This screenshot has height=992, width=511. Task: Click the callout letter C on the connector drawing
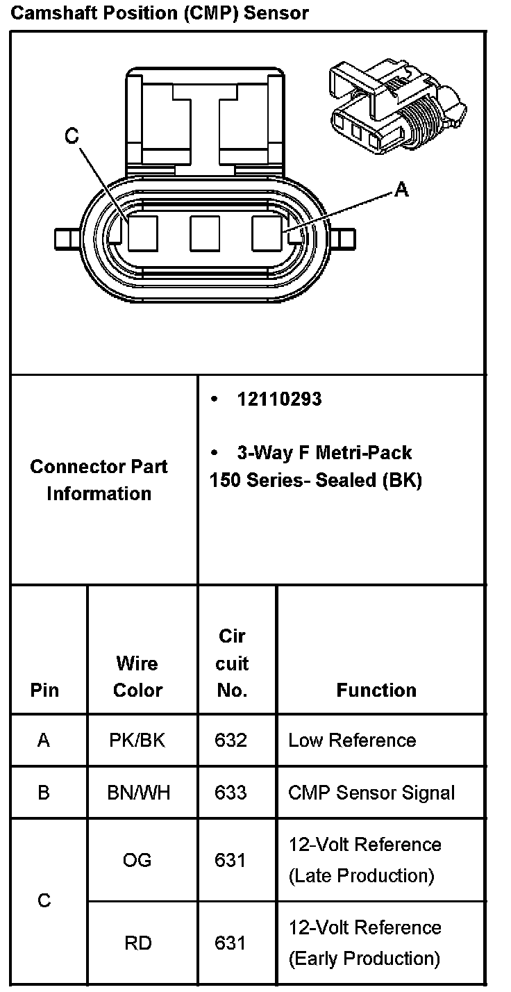point(72,137)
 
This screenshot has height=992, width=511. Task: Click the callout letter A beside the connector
point(401,189)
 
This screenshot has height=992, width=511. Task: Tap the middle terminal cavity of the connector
point(205,233)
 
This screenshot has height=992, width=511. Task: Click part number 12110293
point(279,399)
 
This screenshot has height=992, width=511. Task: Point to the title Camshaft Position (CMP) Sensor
point(160,13)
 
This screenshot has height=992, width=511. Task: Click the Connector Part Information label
point(99,480)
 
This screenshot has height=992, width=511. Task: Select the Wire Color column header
point(137,677)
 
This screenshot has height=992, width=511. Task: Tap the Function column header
point(376,690)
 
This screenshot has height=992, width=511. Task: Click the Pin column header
point(44,691)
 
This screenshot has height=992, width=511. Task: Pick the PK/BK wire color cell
point(137,741)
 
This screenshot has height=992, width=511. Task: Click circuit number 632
point(231,741)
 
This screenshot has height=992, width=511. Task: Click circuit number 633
point(231,793)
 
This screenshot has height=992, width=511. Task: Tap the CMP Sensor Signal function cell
point(371,793)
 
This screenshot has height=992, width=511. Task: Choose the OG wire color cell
point(137,860)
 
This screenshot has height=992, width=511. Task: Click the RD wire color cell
point(137,943)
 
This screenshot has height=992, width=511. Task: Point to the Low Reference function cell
point(352,741)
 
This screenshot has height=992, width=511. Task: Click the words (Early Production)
point(364,959)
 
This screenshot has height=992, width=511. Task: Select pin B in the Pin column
point(44,793)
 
